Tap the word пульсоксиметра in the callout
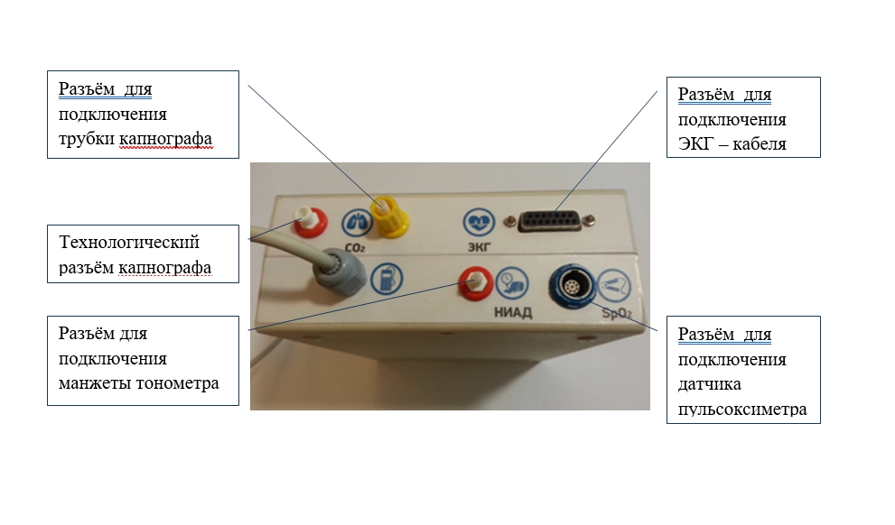click(741, 410)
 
